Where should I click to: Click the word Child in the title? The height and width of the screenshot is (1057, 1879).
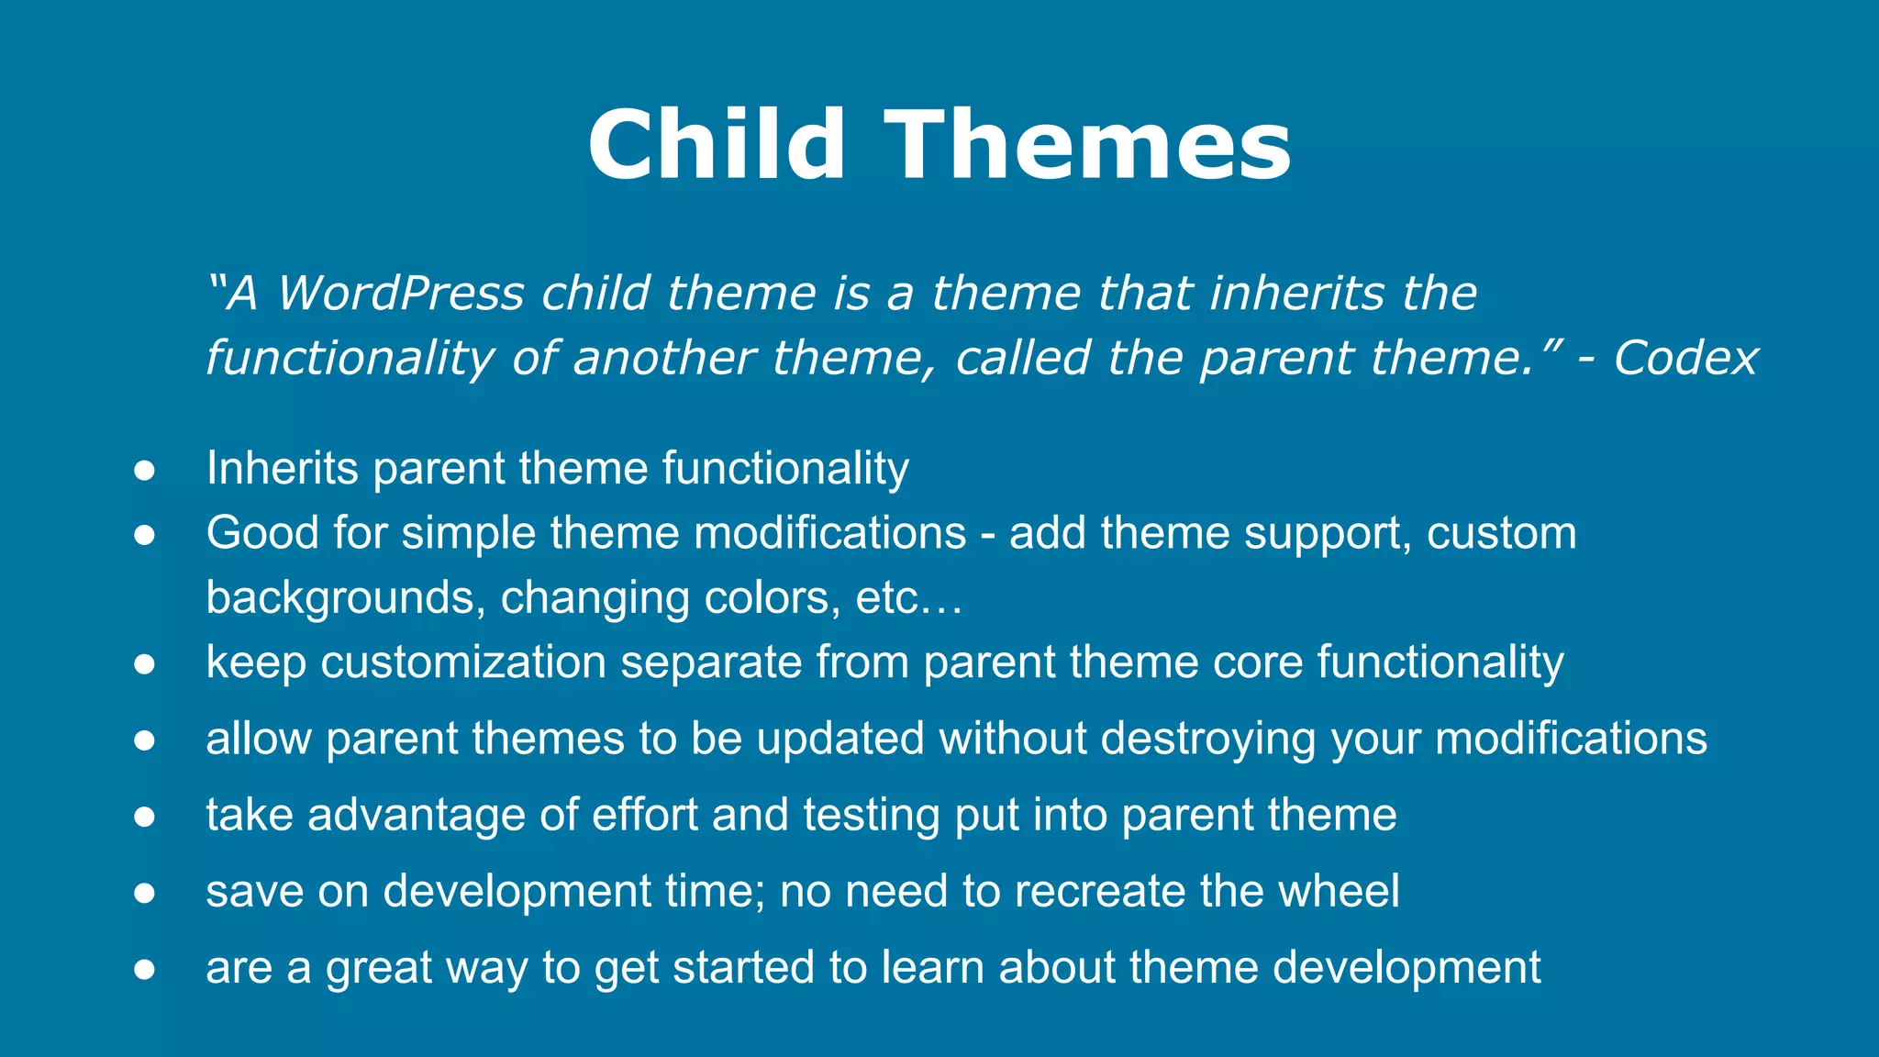(716, 145)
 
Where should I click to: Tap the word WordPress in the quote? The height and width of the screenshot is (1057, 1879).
(401, 294)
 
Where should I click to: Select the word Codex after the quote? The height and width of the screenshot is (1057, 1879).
(1685, 358)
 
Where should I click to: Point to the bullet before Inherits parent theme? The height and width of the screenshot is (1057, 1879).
(144, 470)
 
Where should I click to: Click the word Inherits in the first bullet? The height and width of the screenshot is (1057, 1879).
(282, 468)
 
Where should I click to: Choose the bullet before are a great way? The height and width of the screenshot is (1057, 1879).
(144, 969)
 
